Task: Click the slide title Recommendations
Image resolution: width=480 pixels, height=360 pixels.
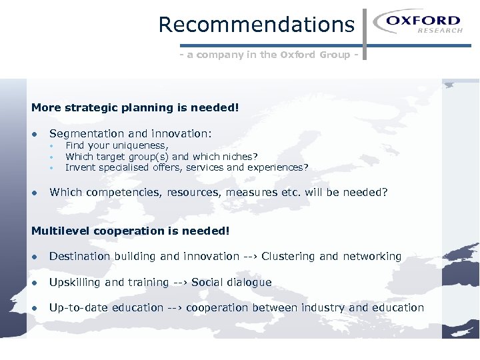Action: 256,25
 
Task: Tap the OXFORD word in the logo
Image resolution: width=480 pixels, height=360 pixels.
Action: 423,21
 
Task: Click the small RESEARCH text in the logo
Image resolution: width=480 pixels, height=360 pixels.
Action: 440,31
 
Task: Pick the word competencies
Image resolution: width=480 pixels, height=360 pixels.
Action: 123,193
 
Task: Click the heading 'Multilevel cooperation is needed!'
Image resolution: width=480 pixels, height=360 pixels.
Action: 131,231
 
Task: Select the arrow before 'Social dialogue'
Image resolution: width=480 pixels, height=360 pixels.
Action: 180,282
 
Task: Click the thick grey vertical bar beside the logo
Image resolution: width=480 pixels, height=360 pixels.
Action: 364,33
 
